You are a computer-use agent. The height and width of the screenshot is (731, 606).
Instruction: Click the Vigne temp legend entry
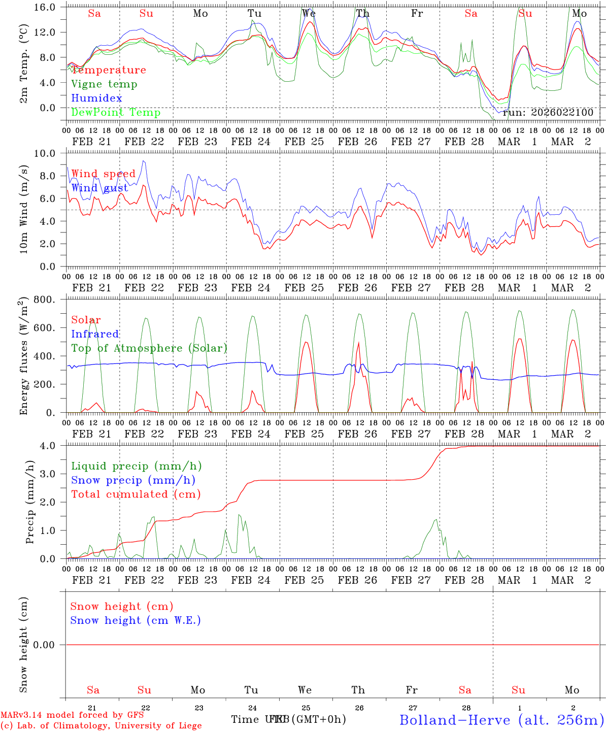point(104,84)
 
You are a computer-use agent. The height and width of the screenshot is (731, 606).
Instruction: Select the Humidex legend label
point(96,98)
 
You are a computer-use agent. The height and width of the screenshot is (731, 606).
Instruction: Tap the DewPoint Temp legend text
point(116,112)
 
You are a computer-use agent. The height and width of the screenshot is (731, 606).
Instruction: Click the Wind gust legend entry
point(99,188)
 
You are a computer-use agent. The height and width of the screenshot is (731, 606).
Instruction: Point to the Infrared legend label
point(95,334)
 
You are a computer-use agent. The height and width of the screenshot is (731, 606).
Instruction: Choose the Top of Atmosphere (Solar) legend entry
point(149,348)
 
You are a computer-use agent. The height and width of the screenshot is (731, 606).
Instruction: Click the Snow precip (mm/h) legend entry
point(133,480)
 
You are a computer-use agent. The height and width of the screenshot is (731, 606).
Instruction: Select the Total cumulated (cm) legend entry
point(136,494)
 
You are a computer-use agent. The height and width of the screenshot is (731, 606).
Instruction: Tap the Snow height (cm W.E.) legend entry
point(135,620)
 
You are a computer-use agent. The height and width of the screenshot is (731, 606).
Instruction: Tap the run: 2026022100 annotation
point(548,112)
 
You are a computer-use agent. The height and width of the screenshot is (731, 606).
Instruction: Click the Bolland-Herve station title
point(501,719)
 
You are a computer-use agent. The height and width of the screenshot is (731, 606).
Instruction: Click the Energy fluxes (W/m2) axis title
point(23,357)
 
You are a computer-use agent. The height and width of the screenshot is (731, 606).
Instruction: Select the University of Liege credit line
point(101,725)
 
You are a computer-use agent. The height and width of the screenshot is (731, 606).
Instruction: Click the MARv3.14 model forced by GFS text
point(72,715)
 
